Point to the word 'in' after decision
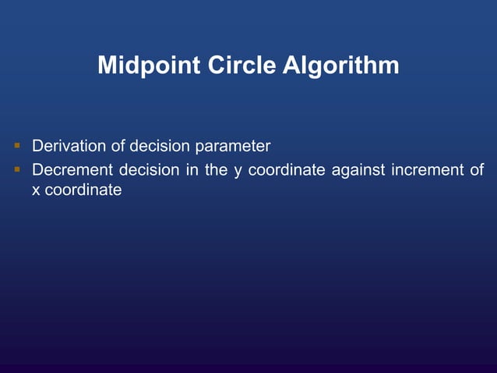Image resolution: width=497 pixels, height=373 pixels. pos(192,169)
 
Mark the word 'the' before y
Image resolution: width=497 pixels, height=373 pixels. pos(216,169)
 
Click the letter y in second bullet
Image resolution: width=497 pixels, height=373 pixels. pos(238,170)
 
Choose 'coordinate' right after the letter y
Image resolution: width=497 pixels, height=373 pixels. pos(286,169)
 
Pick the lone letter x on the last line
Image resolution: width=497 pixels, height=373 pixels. pos(36,190)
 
